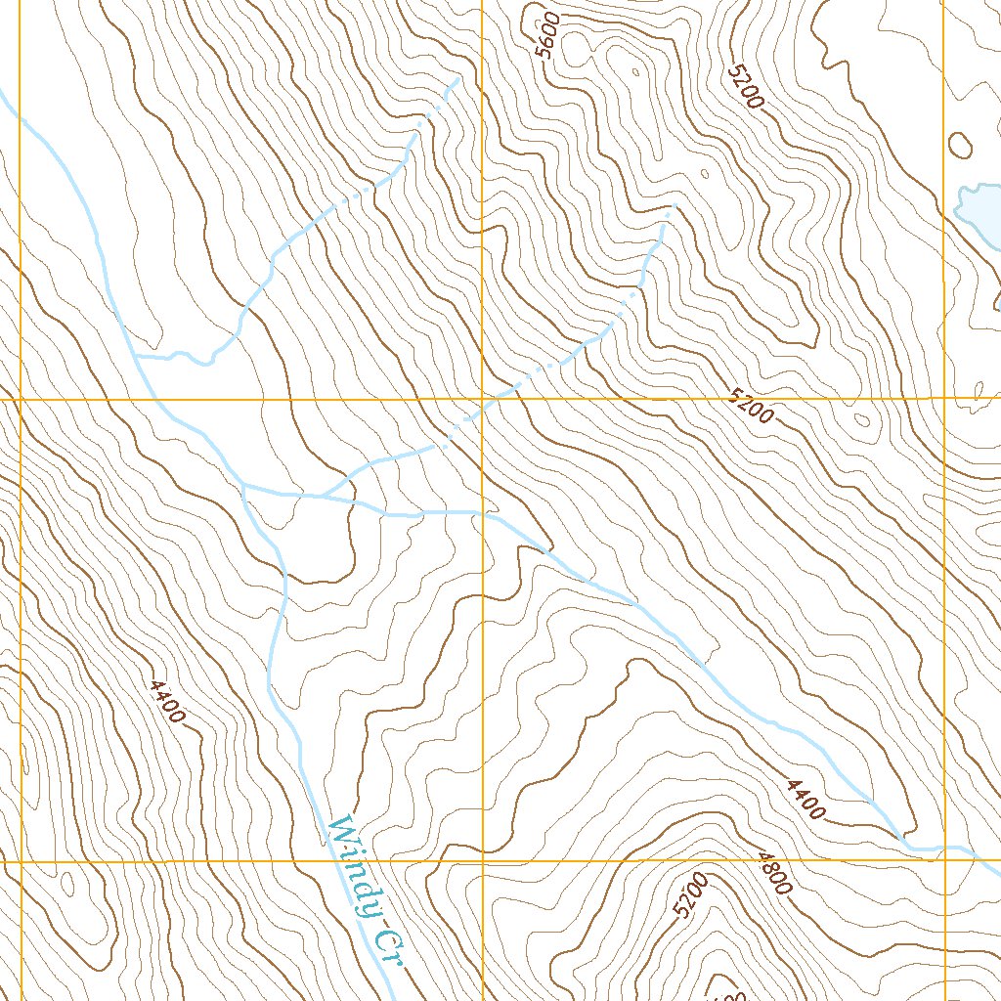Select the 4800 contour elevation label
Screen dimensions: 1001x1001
pos(772,873)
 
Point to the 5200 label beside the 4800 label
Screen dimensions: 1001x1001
pos(690,896)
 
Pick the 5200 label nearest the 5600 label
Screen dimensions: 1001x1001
pos(746,87)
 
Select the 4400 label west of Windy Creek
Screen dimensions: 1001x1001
pos(167,701)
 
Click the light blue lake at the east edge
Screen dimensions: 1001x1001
pos(979,204)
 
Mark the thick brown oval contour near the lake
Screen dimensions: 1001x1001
pos(960,146)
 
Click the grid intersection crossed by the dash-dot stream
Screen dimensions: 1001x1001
pos(483,400)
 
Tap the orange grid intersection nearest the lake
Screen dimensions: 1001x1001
pos(944,400)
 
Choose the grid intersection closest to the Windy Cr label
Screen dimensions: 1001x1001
pos(483,862)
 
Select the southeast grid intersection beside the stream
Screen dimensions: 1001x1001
pos(944,861)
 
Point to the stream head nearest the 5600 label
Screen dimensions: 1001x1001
pos(456,78)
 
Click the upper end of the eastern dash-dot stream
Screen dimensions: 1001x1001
pos(671,206)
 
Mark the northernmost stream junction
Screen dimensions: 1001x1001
pos(136,357)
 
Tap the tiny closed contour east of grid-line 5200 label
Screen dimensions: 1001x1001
pos(861,421)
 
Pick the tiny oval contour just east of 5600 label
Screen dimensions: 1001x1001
pos(636,71)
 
